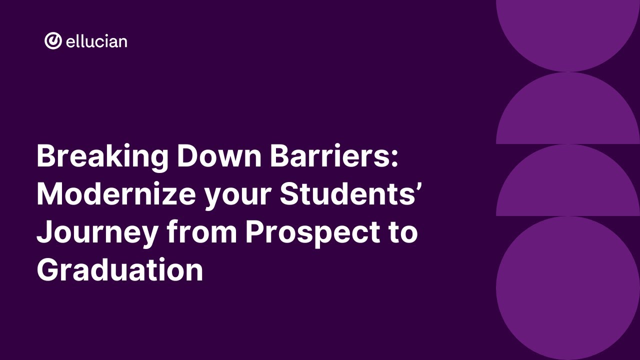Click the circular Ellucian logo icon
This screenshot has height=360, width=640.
click(x=53, y=41)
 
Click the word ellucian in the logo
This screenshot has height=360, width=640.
click(x=96, y=41)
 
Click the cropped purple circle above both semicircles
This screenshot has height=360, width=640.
click(x=568, y=30)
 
